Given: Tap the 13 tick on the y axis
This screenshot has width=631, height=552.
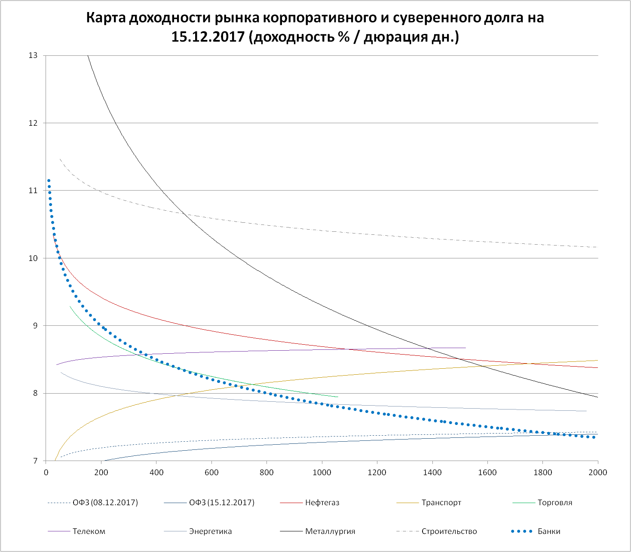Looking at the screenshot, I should [x=33, y=55].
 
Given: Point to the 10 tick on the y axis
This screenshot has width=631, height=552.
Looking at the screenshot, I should [x=33, y=258].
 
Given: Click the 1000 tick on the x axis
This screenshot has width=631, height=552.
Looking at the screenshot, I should [x=322, y=473].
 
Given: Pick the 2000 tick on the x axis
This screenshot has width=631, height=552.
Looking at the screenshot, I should [x=597, y=473].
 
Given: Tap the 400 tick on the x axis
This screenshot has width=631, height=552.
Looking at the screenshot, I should [x=156, y=473].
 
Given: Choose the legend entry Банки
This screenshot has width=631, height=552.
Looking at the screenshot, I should [x=548, y=531].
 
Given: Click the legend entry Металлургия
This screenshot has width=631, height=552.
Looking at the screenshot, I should [x=330, y=531].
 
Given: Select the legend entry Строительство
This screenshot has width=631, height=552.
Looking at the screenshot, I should [x=449, y=531].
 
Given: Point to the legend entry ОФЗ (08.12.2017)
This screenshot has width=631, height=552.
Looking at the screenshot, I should [x=105, y=503].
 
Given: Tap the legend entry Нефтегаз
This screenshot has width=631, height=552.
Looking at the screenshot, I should [x=322, y=503].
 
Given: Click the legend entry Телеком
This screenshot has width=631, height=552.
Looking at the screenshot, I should [x=89, y=531].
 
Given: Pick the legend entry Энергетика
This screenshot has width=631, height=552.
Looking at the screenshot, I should [x=210, y=531].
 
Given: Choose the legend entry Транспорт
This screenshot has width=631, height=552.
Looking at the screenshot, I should [x=441, y=503].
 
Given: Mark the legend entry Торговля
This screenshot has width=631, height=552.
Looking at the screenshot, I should [x=554, y=503].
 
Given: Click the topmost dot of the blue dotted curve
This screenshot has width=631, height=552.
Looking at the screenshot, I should [x=49, y=181].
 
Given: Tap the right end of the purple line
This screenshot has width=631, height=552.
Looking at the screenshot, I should [x=466, y=348].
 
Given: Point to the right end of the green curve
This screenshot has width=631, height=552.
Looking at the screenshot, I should [x=338, y=397].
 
